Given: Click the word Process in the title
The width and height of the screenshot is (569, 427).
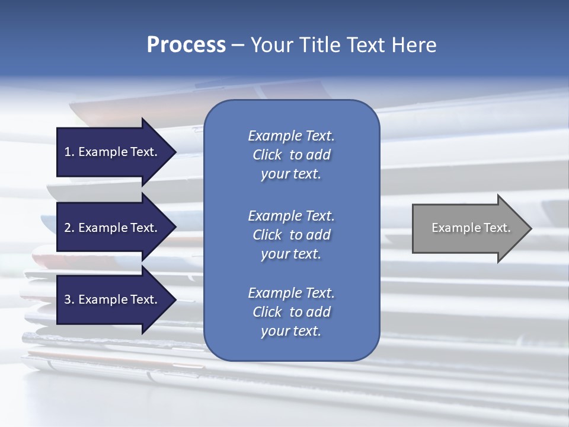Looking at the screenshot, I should coord(186,45).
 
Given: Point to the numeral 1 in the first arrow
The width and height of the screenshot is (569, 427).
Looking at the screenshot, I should coord(67,152).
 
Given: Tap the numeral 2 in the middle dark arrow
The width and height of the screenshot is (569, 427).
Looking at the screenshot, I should coord(67,228).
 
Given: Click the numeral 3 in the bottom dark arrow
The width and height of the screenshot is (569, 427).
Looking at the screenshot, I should coord(67,299).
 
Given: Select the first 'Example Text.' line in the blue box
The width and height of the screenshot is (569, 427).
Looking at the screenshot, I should coord(291,136).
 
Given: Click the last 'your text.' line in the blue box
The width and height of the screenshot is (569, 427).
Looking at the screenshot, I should coord(291,332).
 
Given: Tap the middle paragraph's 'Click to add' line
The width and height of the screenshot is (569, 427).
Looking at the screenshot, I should coord(291,235).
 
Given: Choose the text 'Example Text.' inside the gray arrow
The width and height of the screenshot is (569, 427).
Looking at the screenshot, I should coord(471,228).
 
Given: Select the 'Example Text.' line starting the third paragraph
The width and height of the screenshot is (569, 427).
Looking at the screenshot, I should coord(291,293).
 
